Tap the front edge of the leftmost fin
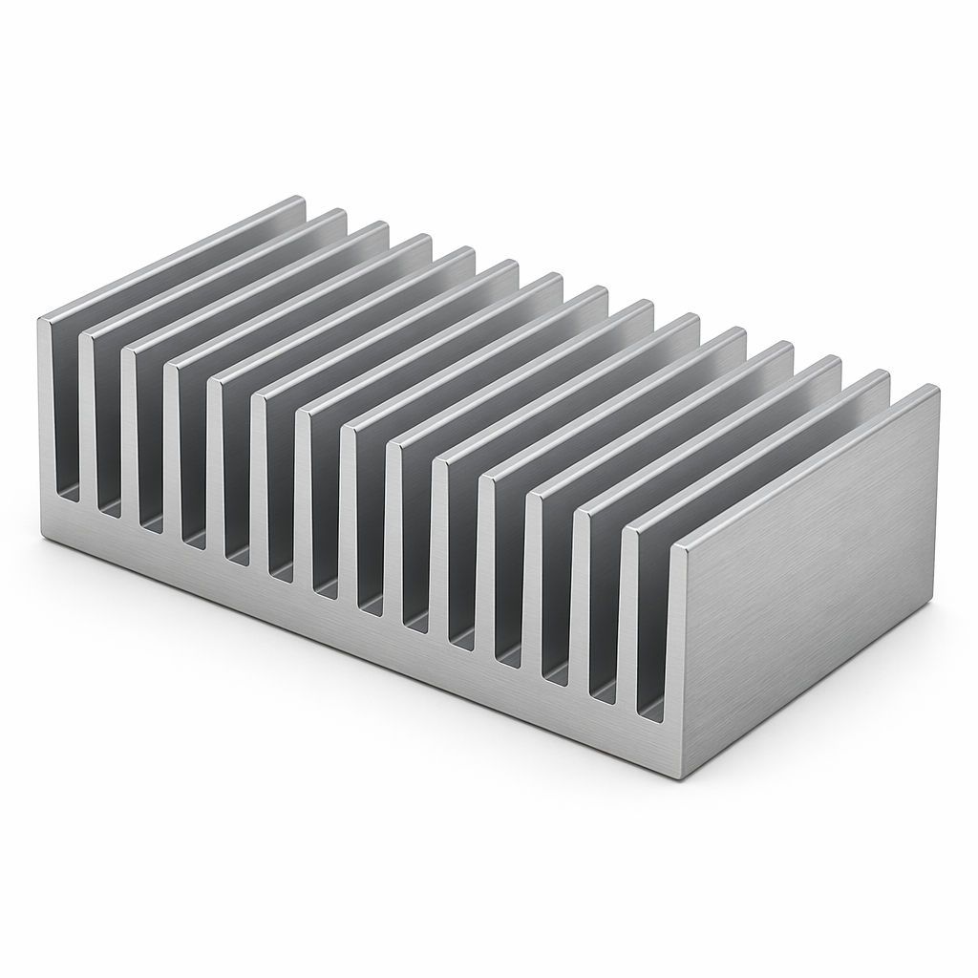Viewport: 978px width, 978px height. tap(45, 420)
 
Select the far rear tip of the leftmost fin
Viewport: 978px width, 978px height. tap(300, 199)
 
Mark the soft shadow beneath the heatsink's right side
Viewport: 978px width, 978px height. tap(840, 726)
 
